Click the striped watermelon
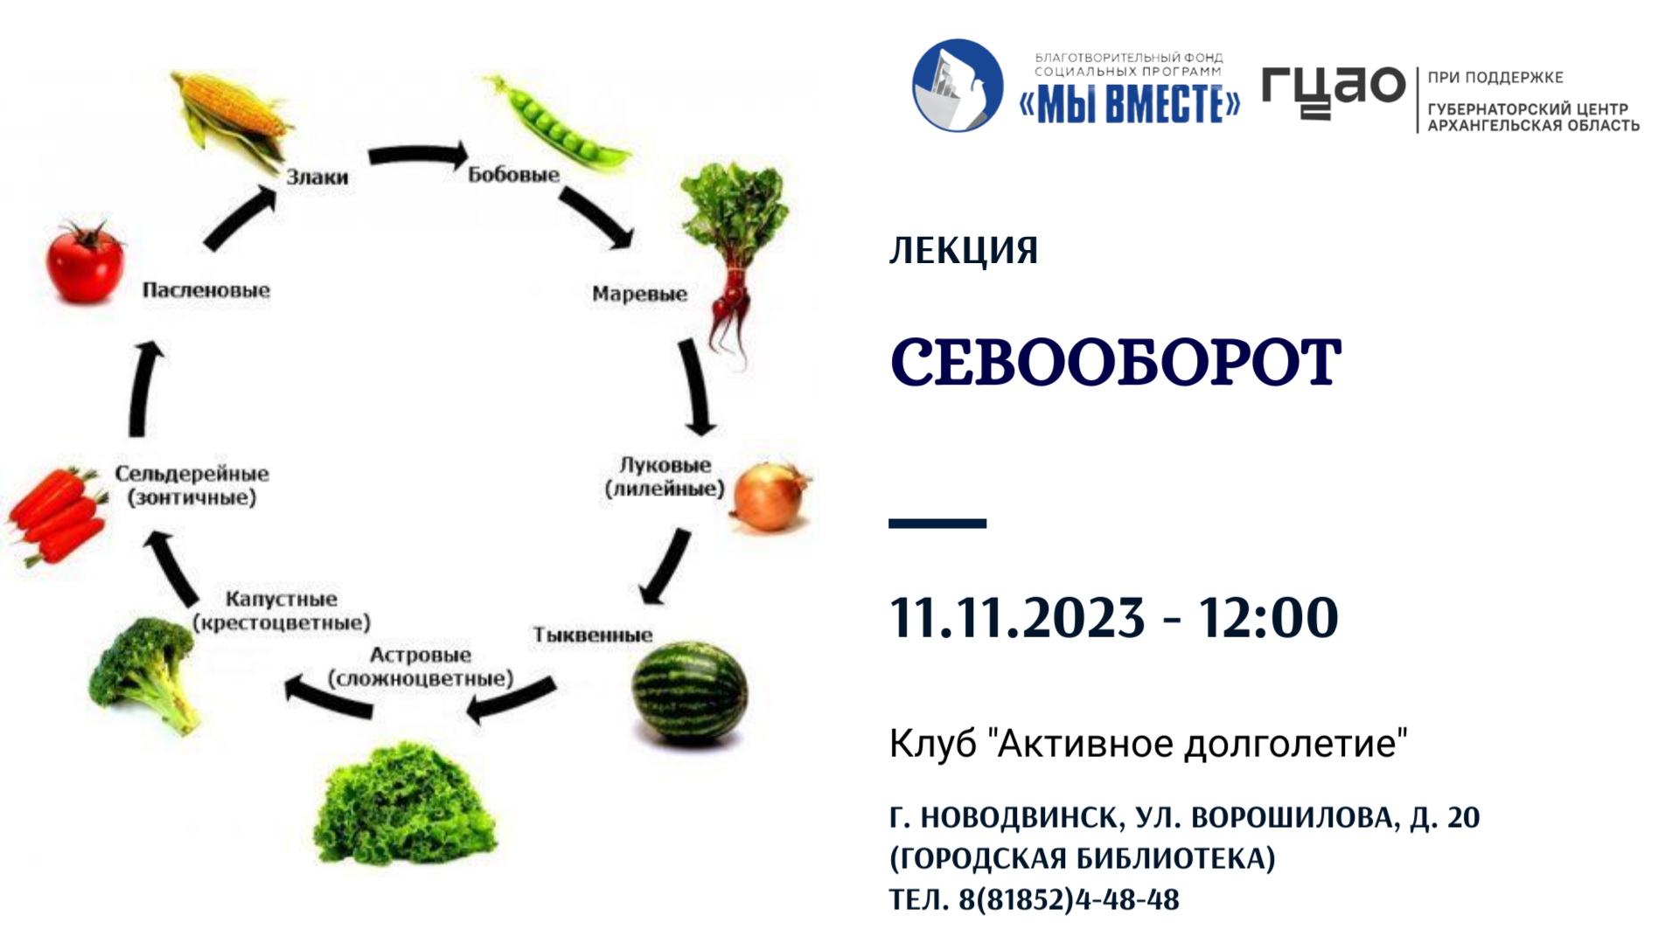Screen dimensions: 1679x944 click(690, 693)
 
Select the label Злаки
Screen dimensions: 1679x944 click(317, 177)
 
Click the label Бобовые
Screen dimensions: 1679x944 click(513, 175)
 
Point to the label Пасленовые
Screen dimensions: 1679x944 click(206, 290)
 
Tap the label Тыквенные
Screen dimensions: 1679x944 click(593, 635)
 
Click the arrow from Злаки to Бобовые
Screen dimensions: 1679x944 click(418, 156)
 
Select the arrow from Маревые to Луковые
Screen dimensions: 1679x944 click(697, 387)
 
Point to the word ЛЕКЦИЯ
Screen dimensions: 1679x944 click(964, 251)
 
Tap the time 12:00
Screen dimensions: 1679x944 click(1268, 617)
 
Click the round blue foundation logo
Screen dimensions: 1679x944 click(958, 85)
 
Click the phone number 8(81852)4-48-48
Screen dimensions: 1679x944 click(1069, 899)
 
